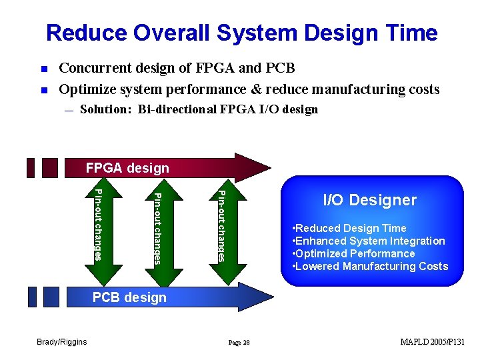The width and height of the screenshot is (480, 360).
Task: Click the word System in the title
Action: pyautogui.click(x=257, y=33)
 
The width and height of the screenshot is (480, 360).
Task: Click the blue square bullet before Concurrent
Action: pyautogui.click(x=45, y=69)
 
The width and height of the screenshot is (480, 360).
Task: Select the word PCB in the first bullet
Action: pyautogui.click(x=280, y=67)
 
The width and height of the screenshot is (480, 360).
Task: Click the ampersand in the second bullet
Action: pyautogui.click(x=255, y=89)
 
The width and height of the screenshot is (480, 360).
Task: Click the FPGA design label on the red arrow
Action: pyautogui.click(x=127, y=168)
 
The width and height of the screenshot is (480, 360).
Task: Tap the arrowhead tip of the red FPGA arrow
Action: pyautogui.click(x=271, y=168)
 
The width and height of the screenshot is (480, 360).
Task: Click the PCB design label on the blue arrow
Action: pyautogui.click(x=129, y=297)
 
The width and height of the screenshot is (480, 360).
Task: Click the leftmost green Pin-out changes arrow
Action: pyautogui.click(x=103, y=232)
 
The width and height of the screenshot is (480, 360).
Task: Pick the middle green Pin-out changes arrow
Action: pyautogui.click(x=164, y=233)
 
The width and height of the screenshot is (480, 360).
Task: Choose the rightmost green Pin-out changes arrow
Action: pyautogui.click(x=228, y=232)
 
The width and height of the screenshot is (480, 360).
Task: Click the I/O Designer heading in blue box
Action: pyautogui.click(x=370, y=200)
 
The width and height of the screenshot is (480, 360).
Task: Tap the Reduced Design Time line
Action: pyautogui.click(x=349, y=228)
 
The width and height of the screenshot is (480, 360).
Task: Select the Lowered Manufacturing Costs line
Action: pyautogui.click(x=371, y=266)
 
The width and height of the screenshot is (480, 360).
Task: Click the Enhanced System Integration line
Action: pyautogui.click(x=369, y=241)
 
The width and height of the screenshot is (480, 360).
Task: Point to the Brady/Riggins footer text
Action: pyautogui.click(x=62, y=341)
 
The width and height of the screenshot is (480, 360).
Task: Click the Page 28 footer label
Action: pyautogui.click(x=239, y=343)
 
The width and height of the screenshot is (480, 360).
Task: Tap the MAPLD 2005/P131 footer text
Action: pyautogui.click(x=432, y=341)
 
